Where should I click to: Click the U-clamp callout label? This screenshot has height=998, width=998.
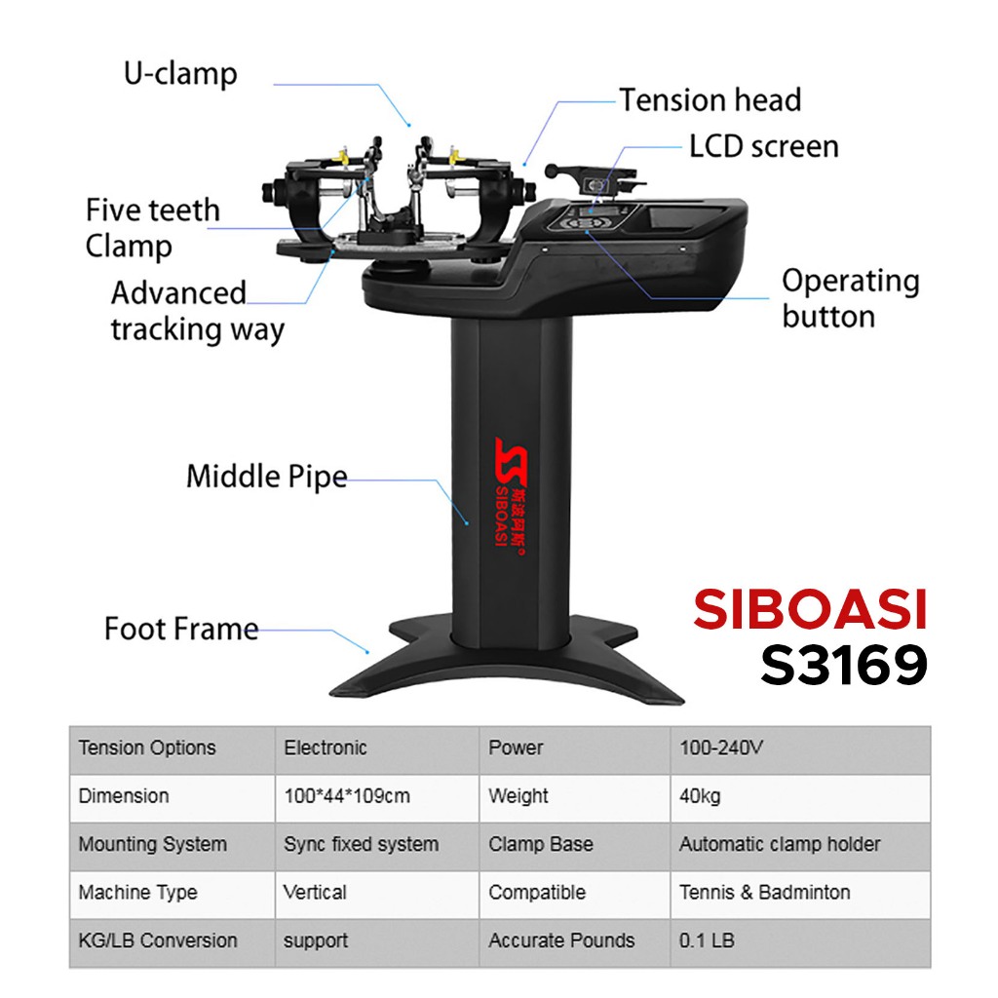pos(180,74)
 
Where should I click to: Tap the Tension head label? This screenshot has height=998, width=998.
pos(710,99)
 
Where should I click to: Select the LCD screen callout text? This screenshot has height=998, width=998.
pos(763,146)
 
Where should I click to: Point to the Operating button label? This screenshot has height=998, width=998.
pos(850,298)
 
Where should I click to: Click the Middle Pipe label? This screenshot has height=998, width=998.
pos(266,477)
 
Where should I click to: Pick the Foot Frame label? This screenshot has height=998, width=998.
pos(181,628)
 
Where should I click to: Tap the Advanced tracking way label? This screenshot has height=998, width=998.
pos(197,311)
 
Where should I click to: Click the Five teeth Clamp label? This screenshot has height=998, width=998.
pos(152,227)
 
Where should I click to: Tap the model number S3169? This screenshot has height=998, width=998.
pos(843,666)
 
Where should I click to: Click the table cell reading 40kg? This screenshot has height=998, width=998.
pos(700,796)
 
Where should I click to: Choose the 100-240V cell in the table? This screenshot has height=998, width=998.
pos(720,748)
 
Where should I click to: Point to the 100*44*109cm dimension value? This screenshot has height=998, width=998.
pos(346,796)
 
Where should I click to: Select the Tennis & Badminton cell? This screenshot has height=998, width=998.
pos(764,892)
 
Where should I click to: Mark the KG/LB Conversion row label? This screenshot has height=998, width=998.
pos(158,940)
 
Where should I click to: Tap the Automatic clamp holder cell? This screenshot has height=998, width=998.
pos(779,844)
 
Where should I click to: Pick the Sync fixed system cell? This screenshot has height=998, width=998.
pos(361,844)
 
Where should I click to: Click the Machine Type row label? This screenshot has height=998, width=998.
pos(137,892)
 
